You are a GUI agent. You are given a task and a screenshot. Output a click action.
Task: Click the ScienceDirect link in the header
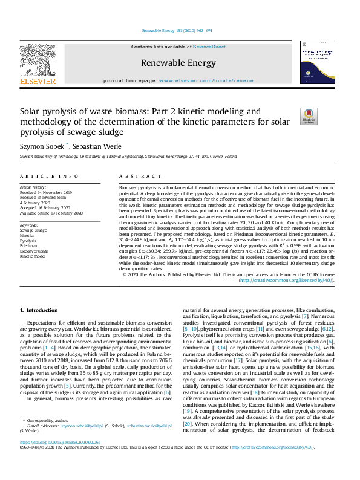coord(209,47)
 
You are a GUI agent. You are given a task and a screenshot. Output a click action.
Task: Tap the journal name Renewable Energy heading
coord(178,63)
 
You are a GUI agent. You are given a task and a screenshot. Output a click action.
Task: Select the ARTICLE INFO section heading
coord(50,176)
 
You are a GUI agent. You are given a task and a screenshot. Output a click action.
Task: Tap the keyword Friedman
coord(28,247)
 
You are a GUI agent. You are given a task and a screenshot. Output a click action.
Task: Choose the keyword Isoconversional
coord(36,251)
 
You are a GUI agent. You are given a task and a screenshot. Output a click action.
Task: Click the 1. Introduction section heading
coord(39,310)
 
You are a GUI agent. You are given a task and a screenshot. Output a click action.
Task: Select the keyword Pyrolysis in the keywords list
coord(28,241)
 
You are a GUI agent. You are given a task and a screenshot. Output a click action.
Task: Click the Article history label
coord(34,187)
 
